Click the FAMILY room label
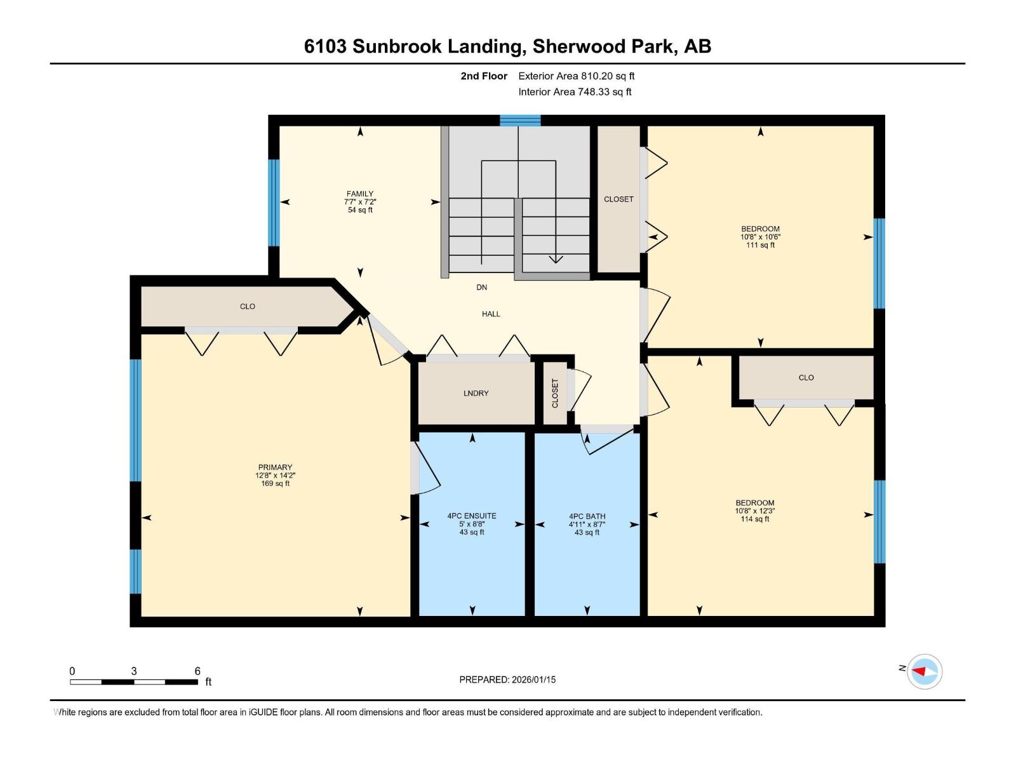point(360,194)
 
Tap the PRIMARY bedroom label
point(275,467)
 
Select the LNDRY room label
point(476,394)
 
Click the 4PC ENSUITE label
point(472,516)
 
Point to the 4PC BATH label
point(587,517)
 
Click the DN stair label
point(482,288)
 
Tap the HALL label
point(491,314)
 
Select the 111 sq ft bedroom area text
point(760,245)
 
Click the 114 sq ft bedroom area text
point(754,519)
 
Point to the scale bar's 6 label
point(197,671)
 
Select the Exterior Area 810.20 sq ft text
point(576,76)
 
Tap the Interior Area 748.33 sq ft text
point(575,92)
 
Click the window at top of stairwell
point(520,120)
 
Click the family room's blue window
point(274,202)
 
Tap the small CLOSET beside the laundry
point(555,394)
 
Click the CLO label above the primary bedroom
point(248,307)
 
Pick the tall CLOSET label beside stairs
point(618,199)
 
